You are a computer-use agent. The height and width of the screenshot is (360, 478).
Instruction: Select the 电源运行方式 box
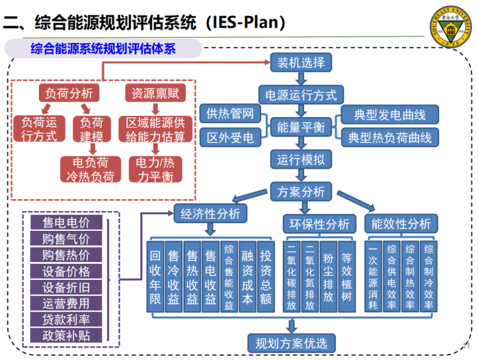point(301,94)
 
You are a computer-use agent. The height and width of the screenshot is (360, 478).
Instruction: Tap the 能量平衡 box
point(301,127)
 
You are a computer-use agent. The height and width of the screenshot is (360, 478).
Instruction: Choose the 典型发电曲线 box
point(390,114)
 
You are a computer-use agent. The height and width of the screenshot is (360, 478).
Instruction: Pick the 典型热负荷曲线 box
point(390,138)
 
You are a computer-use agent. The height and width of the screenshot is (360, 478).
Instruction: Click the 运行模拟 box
point(301,160)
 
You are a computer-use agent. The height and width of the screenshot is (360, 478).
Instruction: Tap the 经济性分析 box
point(210,213)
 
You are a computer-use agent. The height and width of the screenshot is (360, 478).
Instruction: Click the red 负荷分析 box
point(69,93)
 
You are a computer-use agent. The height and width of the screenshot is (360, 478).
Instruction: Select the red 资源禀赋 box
point(155,93)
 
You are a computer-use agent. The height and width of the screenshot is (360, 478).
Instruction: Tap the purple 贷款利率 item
point(66,319)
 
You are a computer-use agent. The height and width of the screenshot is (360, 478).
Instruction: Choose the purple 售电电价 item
point(66,223)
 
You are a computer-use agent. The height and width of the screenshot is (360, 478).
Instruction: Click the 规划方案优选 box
point(292,343)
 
